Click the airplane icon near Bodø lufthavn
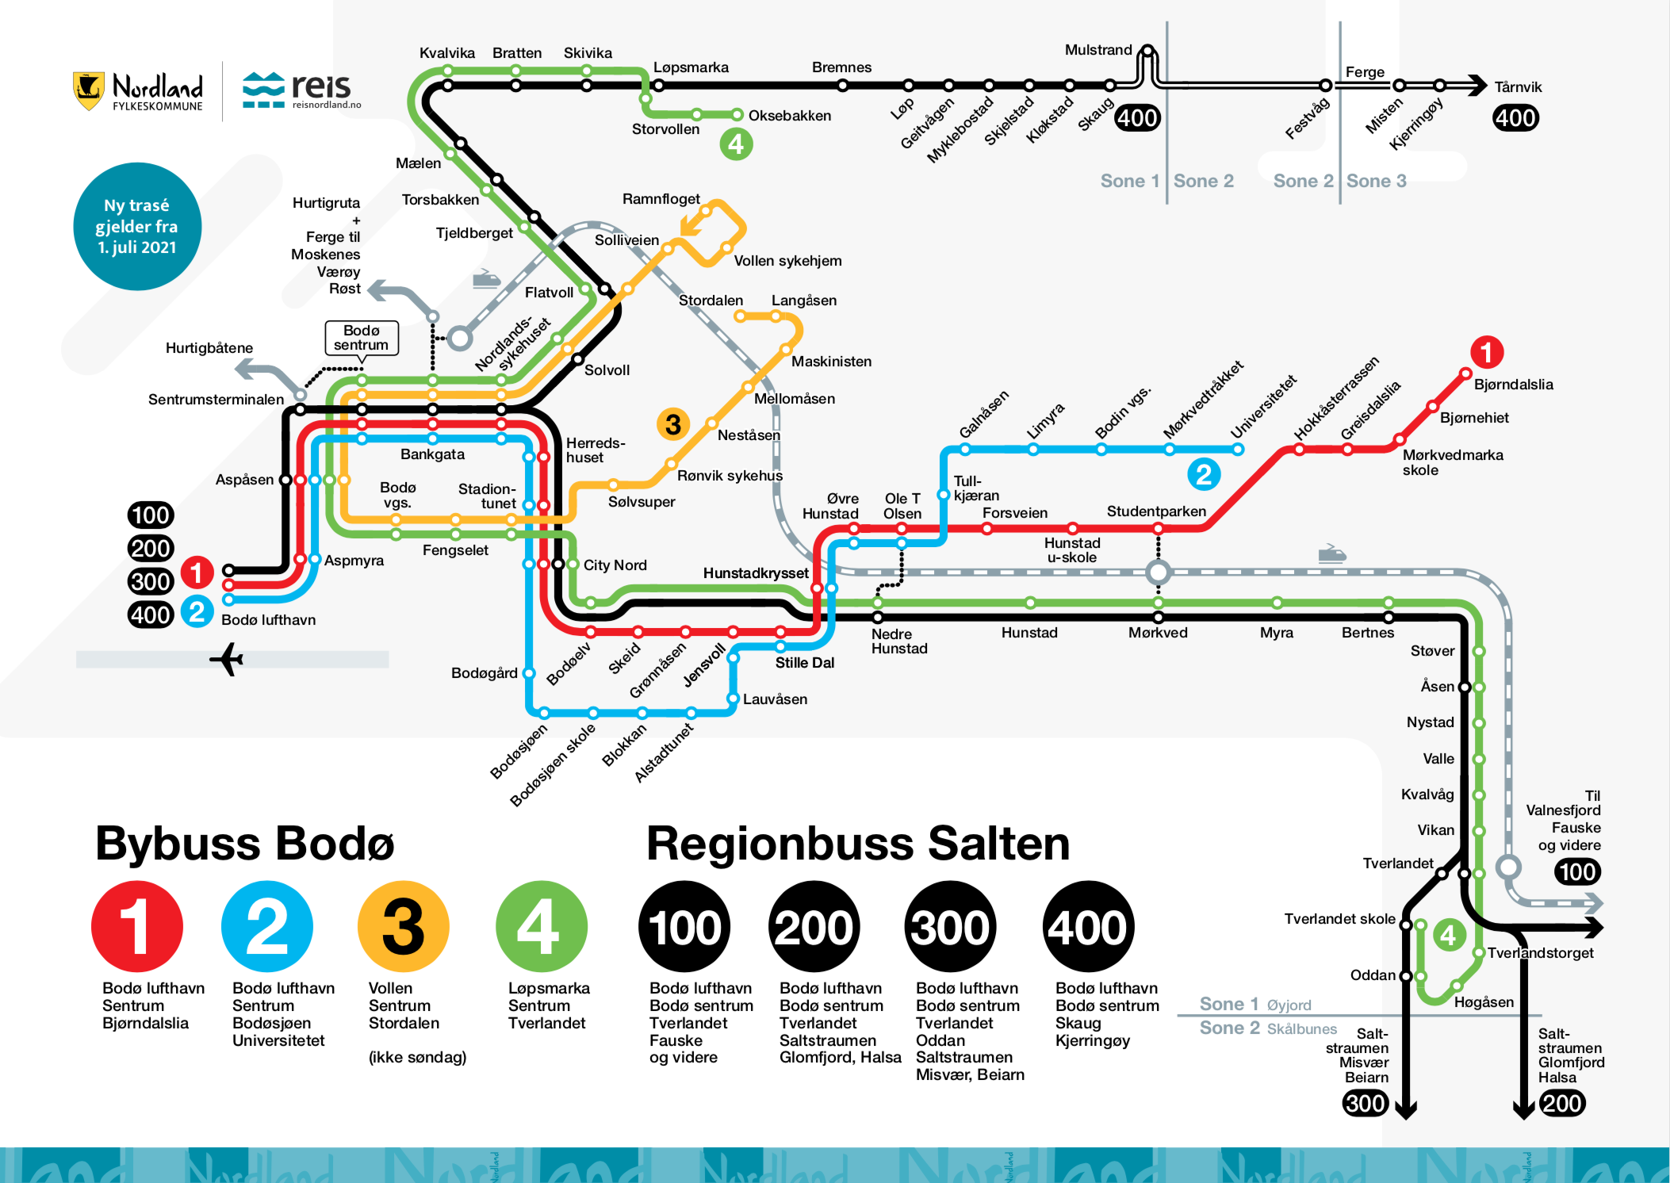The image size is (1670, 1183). pyautogui.click(x=227, y=660)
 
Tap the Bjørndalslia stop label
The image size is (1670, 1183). pyautogui.click(x=1513, y=385)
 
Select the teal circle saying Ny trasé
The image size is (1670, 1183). pyautogui.click(x=137, y=227)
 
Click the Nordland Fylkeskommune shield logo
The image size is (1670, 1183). pyautogui.click(x=89, y=91)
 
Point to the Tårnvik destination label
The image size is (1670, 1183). pyautogui.click(x=1518, y=87)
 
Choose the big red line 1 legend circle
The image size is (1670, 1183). pyautogui.click(x=137, y=926)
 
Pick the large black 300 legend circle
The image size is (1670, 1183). pyautogui.click(x=950, y=926)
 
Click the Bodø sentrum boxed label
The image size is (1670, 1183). pyautogui.click(x=362, y=338)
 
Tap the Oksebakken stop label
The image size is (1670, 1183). pyautogui.click(x=790, y=116)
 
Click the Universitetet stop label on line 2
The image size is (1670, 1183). pyautogui.click(x=1263, y=407)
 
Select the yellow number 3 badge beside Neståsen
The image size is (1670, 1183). pyautogui.click(x=673, y=425)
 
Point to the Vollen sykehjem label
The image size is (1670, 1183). pyautogui.click(x=787, y=261)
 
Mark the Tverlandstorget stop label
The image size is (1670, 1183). pyautogui.click(x=1540, y=953)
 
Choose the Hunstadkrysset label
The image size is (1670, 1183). pyautogui.click(x=756, y=573)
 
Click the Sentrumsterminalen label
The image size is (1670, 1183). pyautogui.click(x=216, y=400)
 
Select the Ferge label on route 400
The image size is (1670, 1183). pyautogui.click(x=1365, y=72)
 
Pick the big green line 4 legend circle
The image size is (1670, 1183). pyautogui.click(x=542, y=926)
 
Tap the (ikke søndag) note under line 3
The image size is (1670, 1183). pyautogui.click(x=417, y=1057)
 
